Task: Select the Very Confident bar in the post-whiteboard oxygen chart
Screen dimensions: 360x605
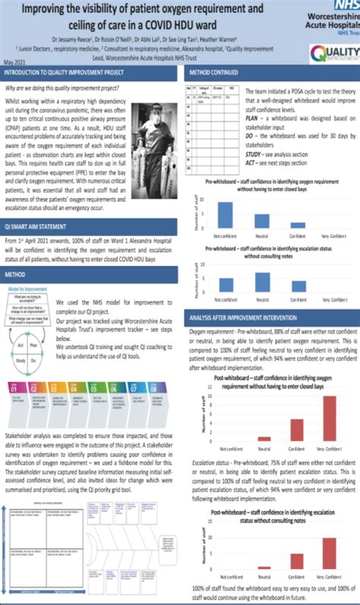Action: pos(330,417)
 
